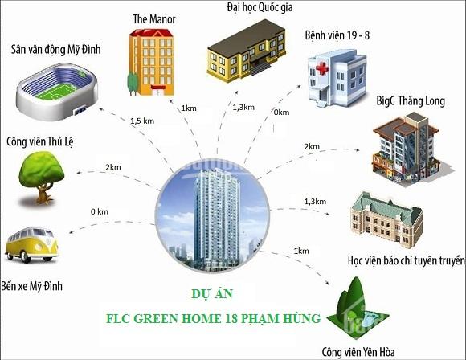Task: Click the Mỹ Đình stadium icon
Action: pyautogui.click(x=57, y=92)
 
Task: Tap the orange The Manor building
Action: pyautogui.click(x=151, y=62)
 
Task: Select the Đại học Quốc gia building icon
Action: pyautogui.click(x=247, y=51)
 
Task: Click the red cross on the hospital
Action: pyautogui.click(x=322, y=69)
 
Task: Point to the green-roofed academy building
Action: pyautogui.click(x=386, y=219)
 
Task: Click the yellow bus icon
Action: pyautogui.click(x=32, y=244)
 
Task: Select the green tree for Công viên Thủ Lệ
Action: pyautogui.click(x=42, y=178)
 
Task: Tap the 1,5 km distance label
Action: pyautogui.click(x=142, y=121)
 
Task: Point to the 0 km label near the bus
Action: pyautogui.click(x=100, y=211)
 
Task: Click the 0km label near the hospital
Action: pyautogui.click(x=281, y=112)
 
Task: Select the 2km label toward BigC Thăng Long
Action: pyautogui.click(x=312, y=146)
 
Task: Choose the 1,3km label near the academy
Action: pyautogui.click(x=315, y=202)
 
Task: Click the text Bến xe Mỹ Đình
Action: pyautogui.click(x=32, y=286)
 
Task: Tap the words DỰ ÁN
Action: pyautogui.click(x=212, y=294)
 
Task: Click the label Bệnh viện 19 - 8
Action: pyautogui.click(x=337, y=35)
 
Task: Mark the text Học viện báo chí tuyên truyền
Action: pyautogui.click(x=406, y=260)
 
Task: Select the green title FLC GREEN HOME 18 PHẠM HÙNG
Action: pyautogui.click(x=214, y=319)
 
